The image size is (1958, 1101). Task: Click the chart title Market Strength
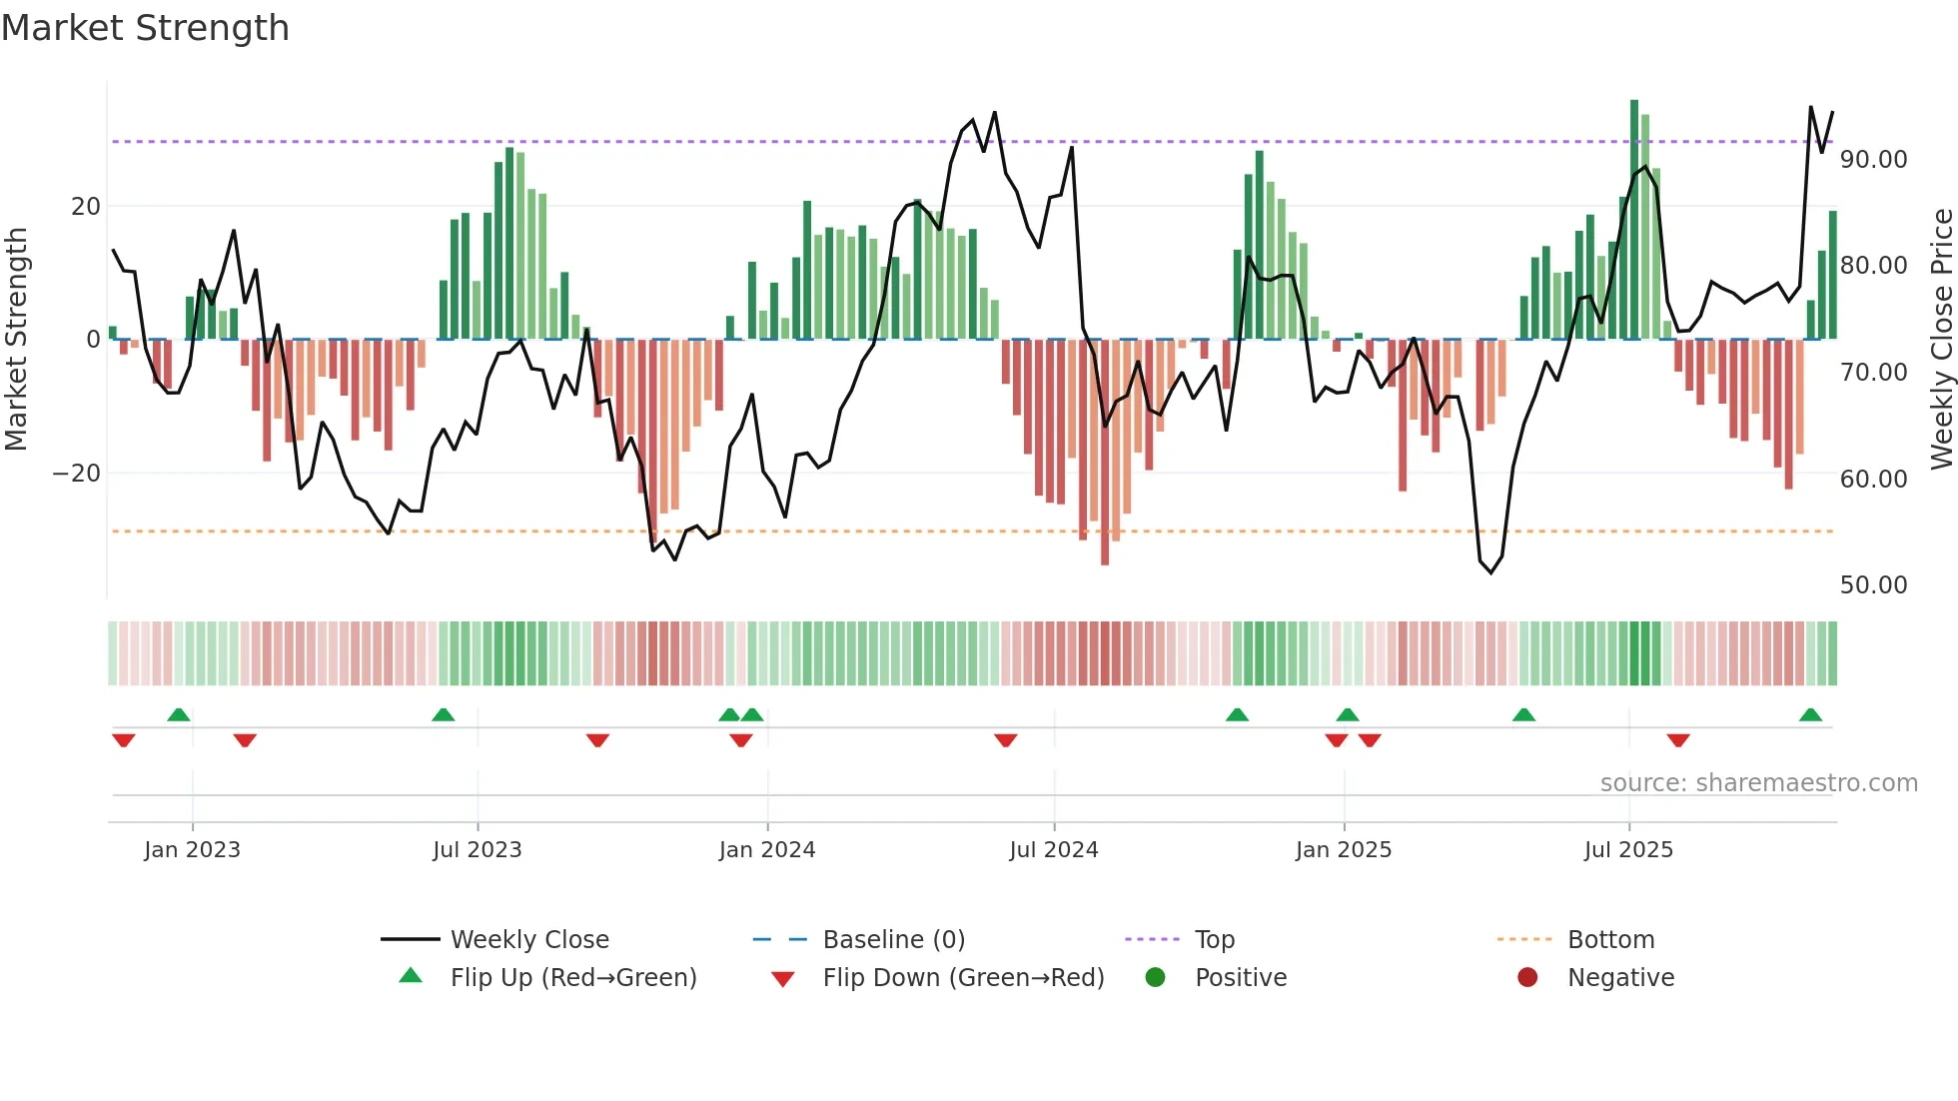point(145,28)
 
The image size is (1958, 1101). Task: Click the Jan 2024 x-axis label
point(766,850)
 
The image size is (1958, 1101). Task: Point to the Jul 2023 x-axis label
point(477,850)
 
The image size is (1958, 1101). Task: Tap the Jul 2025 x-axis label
point(1627,850)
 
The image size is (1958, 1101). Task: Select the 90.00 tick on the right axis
point(1873,160)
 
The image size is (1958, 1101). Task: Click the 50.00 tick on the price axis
point(1873,585)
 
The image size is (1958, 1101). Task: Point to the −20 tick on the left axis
point(77,474)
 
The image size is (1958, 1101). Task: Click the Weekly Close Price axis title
point(1941,339)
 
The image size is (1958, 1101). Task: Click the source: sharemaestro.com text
point(1758,783)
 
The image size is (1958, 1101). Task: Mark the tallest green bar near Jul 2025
point(1634,220)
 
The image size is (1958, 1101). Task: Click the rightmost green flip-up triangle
point(1810,715)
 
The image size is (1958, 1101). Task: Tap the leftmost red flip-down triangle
point(124,739)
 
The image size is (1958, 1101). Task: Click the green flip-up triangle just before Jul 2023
point(444,715)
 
